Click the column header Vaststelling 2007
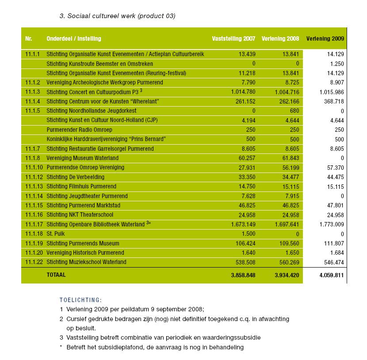tap(233, 38)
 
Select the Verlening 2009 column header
tap(325, 38)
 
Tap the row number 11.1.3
tap(33, 92)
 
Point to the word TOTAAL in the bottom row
tap(56, 275)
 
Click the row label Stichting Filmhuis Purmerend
tap(81, 187)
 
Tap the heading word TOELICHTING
tap(80, 300)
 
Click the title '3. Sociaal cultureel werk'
tap(117, 16)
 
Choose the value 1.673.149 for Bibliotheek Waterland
tap(243, 225)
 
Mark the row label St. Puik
tap(55, 234)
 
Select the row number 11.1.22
tap(34, 262)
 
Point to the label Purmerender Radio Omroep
tap(79, 130)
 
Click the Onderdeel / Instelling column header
tap(74, 38)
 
